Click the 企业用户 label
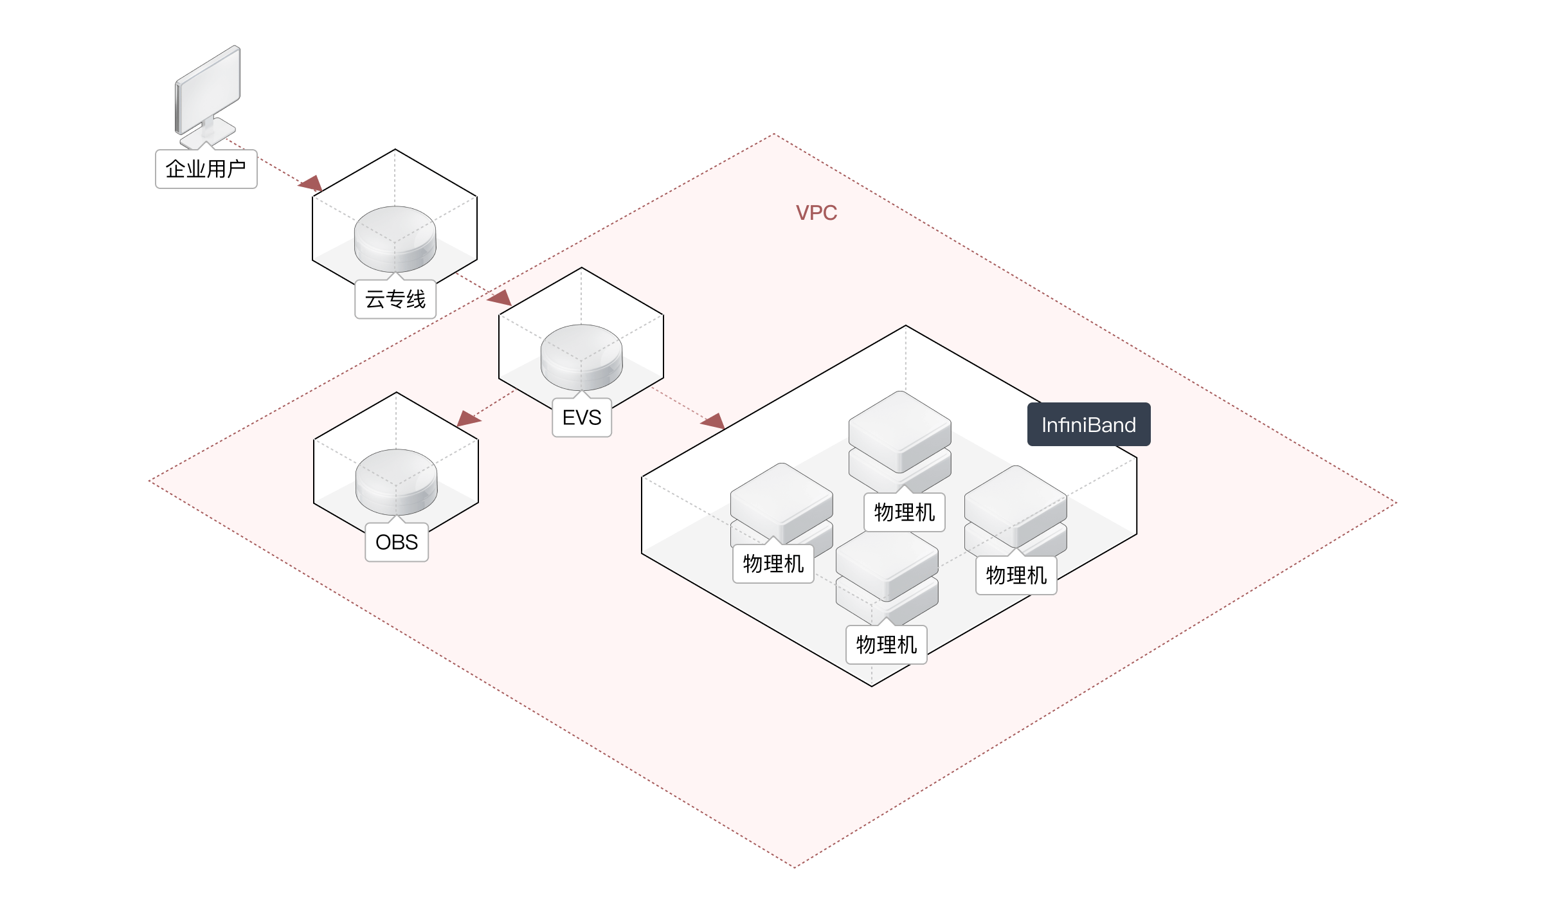click(x=206, y=169)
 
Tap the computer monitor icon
click(x=207, y=93)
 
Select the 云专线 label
click(x=395, y=299)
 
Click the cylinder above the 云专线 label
click(x=395, y=238)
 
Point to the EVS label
click(x=581, y=418)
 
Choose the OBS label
click(x=397, y=543)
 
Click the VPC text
click(x=817, y=213)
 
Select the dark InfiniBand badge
click(x=1088, y=425)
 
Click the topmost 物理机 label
click(x=905, y=512)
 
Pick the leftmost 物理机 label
click(x=773, y=564)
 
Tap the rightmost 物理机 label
click(x=1016, y=575)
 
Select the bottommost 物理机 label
click(x=887, y=645)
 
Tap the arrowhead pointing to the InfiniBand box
click(x=713, y=422)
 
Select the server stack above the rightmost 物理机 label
click(x=1016, y=508)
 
